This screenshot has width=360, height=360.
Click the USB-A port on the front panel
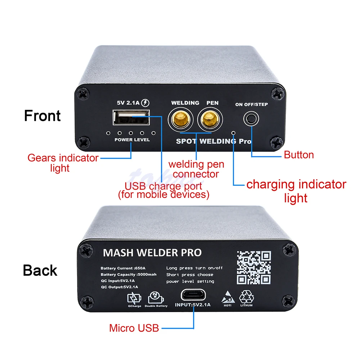(131, 118)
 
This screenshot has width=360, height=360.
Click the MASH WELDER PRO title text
(152, 252)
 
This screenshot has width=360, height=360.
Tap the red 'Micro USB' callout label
(134, 328)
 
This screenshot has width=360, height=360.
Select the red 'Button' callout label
(299, 155)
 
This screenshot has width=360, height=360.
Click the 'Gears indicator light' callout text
(63, 163)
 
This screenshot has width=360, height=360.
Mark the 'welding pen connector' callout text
(196, 169)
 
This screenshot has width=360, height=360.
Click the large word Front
(42, 116)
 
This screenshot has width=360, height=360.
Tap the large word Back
(40, 270)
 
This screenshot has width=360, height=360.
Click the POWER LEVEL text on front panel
(132, 140)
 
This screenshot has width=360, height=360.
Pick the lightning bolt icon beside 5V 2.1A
(145, 103)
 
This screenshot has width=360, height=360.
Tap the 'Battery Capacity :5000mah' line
(129, 275)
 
